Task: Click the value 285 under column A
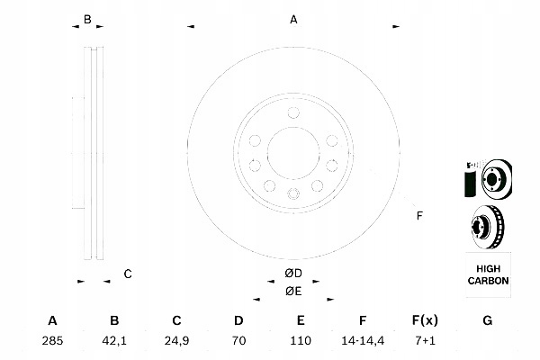[52, 341]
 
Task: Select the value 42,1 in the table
[114, 341]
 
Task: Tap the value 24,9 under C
[176, 341]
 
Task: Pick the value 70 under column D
[238, 341]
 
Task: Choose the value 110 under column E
[301, 341]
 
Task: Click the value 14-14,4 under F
[363, 341]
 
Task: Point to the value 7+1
[425, 341]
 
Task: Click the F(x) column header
[425, 320]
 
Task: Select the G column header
[488, 320]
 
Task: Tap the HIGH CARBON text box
[488, 274]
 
